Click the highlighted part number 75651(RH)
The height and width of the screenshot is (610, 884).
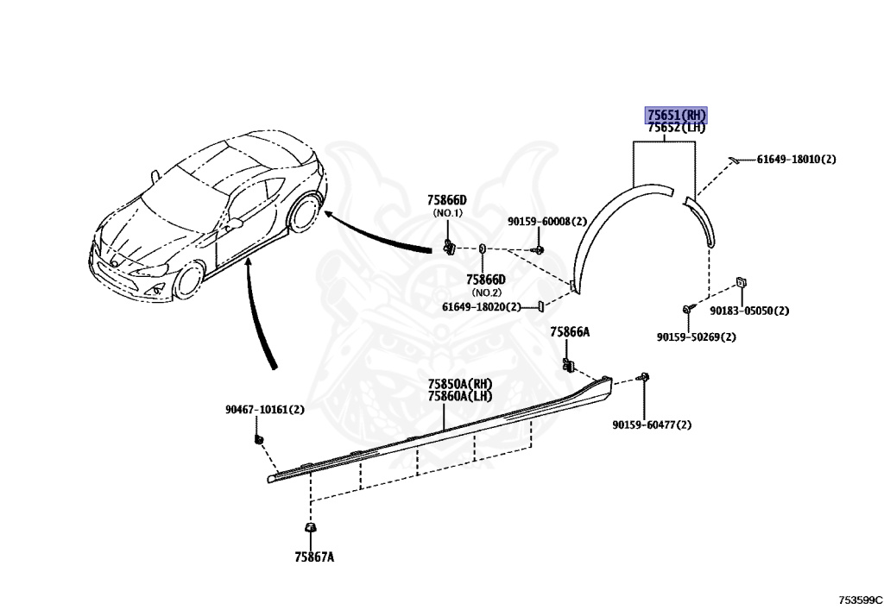677,115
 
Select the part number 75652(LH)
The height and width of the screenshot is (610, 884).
677,129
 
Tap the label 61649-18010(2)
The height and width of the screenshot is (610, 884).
796,160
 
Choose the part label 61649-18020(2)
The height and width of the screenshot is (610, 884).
481,306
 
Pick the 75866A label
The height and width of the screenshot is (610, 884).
570,332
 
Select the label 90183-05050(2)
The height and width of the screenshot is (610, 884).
749,311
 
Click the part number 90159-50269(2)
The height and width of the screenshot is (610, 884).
696,336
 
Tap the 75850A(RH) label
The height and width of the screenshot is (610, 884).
459,385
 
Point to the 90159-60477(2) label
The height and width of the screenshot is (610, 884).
652,424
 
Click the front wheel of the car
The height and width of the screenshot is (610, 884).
187,280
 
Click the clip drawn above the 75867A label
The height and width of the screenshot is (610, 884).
308,527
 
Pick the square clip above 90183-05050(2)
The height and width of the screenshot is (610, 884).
741,283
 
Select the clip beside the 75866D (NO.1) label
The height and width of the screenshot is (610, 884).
449,247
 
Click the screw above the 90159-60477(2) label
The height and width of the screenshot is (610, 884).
644,377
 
